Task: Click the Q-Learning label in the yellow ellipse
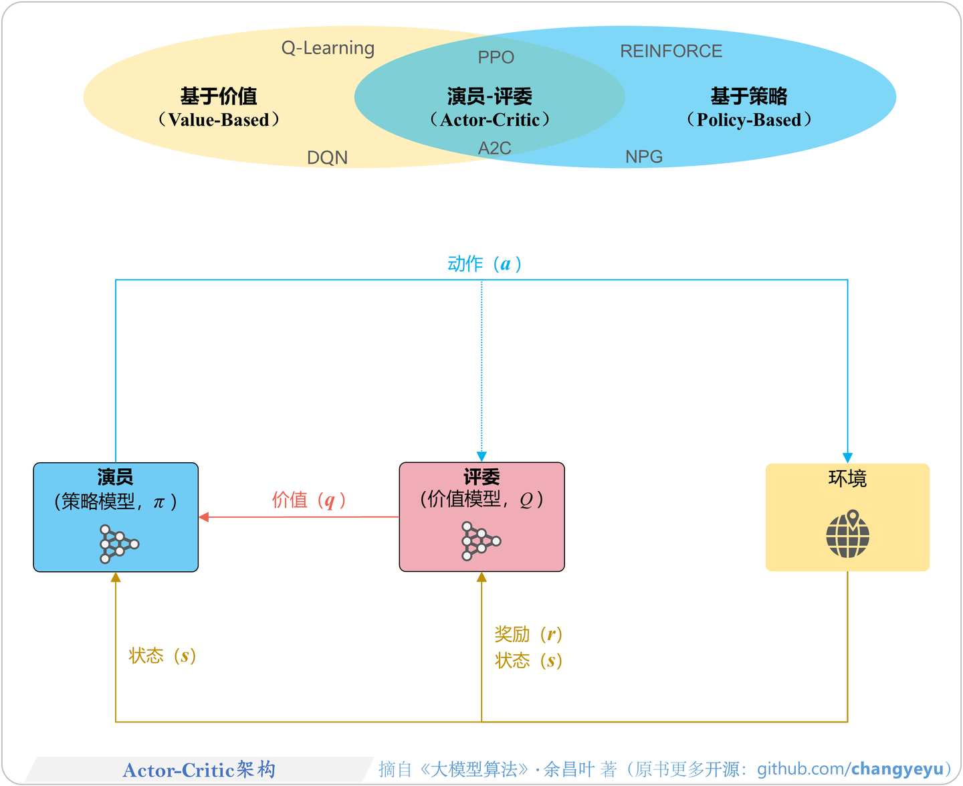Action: (328, 48)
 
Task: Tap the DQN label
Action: (327, 157)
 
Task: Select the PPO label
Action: (496, 58)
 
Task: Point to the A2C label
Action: (495, 148)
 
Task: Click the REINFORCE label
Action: (671, 52)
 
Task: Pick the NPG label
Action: (643, 157)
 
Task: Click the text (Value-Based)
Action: (219, 120)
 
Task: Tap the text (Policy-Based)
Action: (748, 120)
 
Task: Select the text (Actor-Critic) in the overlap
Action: (490, 120)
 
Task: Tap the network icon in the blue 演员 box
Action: (118, 543)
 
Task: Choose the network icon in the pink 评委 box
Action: (480, 541)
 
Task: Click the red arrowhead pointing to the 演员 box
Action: (204, 517)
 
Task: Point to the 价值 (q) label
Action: (308, 500)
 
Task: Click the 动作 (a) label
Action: (484, 264)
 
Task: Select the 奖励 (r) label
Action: (528, 634)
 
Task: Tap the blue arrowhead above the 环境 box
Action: (847, 458)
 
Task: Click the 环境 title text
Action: (847, 478)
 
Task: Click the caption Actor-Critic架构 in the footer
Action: (199, 770)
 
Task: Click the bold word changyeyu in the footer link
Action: (897, 769)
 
